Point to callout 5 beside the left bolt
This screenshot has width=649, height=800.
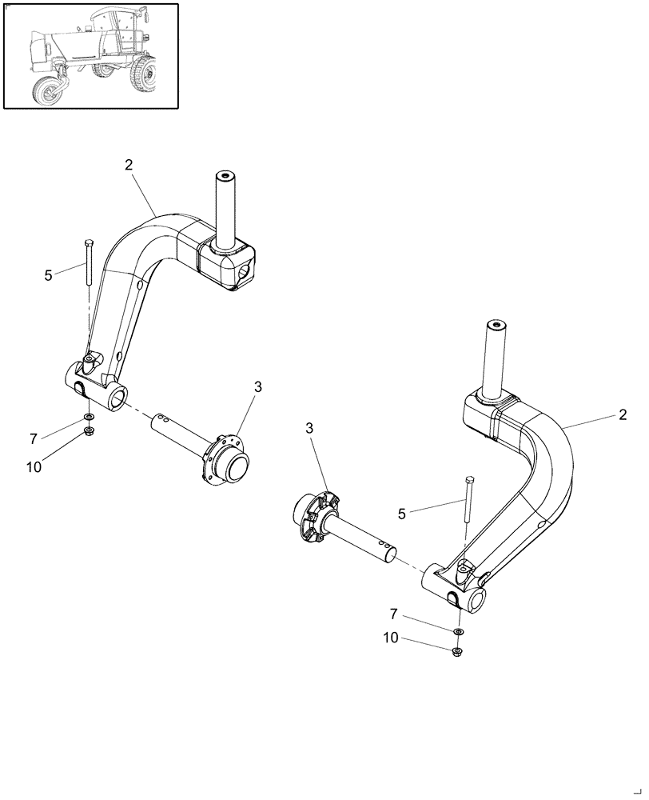coord(49,275)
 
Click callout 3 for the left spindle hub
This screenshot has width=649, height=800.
coord(257,387)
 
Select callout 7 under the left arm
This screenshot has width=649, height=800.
coord(34,438)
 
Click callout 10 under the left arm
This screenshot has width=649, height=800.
coord(34,467)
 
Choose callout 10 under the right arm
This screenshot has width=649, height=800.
coord(392,638)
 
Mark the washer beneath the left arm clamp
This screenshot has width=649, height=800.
coord(87,418)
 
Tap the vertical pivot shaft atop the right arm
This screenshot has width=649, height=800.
coord(496,355)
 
